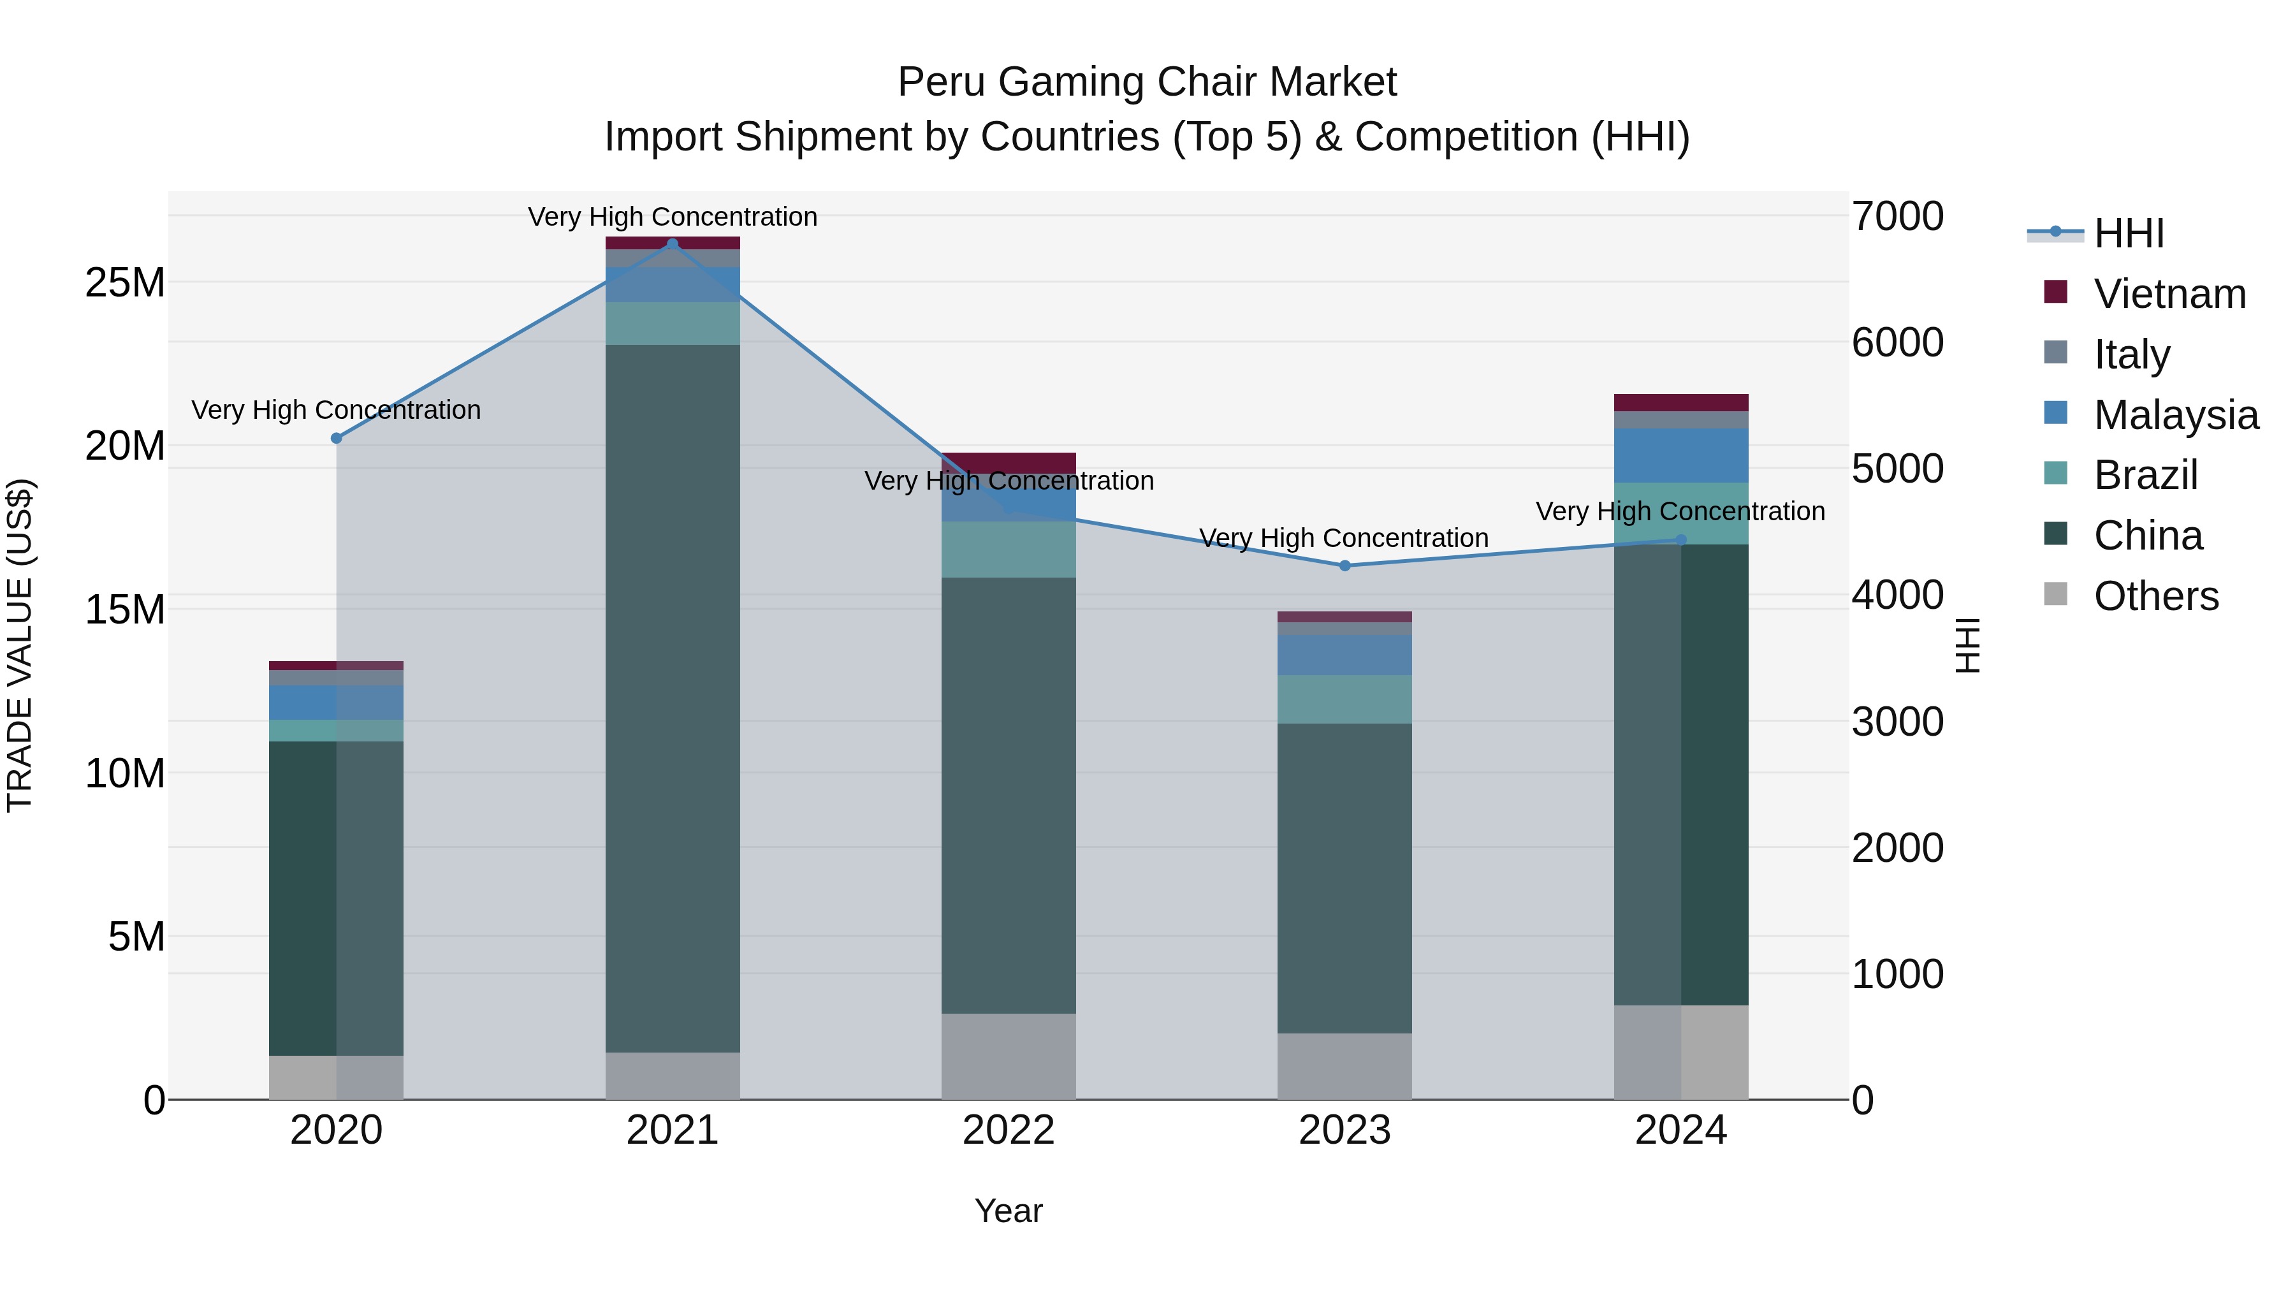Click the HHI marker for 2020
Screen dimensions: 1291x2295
[x=336, y=439]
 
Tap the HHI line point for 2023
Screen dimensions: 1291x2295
[x=1344, y=565]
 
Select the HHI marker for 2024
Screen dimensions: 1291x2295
[x=1681, y=539]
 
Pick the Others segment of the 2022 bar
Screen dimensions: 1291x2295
[x=1009, y=1056]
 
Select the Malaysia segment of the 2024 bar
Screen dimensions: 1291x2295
[x=1681, y=455]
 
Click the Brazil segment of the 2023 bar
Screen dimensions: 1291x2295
[x=1344, y=699]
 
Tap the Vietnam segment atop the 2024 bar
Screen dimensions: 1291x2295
[x=1681, y=402]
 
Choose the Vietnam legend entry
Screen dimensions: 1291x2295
[x=2169, y=294]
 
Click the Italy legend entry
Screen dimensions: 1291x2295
[x=2131, y=354]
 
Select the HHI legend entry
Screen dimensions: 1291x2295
[x=2129, y=233]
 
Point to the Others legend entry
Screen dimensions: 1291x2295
[x=2156, y=596]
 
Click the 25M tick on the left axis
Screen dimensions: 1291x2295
[x=125, y=282]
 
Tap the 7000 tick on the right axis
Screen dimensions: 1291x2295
[x=1898, y=217]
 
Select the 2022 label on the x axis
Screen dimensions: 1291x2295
[x=1009, y=1130]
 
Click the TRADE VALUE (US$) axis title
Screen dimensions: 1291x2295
[x=20, y=645]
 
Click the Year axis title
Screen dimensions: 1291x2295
[x=1009, y=1211]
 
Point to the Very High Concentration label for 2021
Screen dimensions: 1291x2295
[x=673, y=217]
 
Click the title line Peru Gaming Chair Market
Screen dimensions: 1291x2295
[x=1147, y=82]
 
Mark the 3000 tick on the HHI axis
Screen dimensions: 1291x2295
[x=1898, y=722]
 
